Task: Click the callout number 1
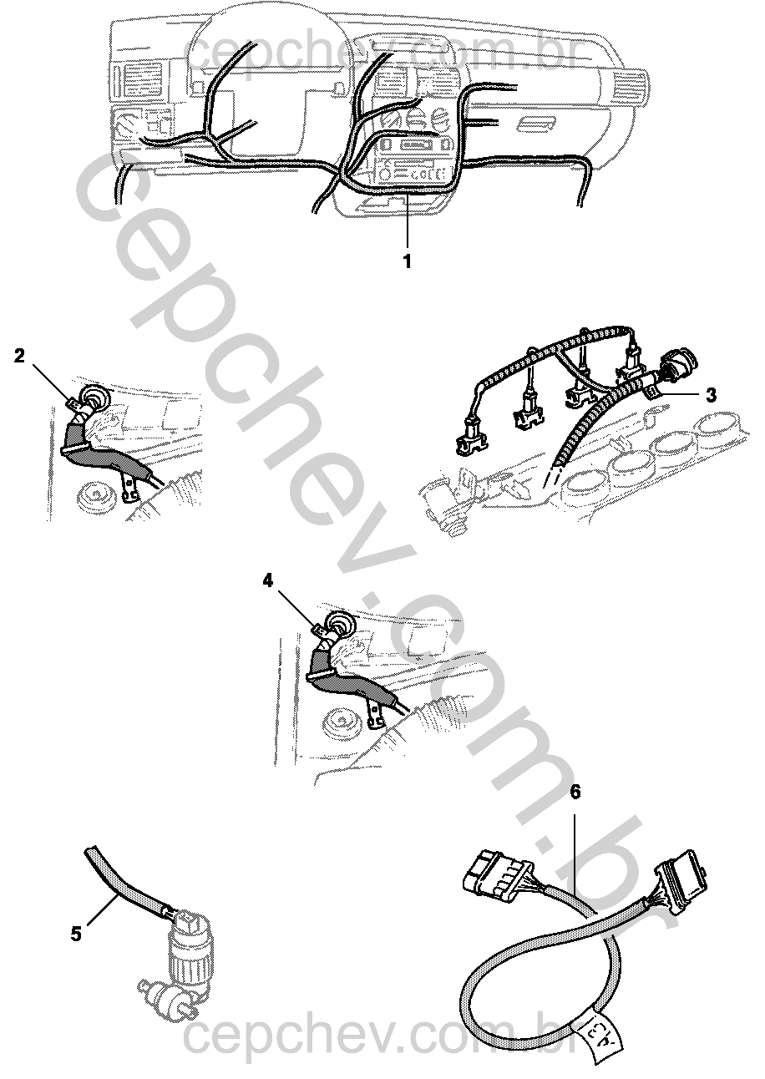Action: pos(408,261)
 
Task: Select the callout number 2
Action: pos(19,357)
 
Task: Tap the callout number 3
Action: pos(711,395)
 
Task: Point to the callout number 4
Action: pos(268,581)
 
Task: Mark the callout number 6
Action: pos(575,793)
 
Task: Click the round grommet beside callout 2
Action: pos(95,398)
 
